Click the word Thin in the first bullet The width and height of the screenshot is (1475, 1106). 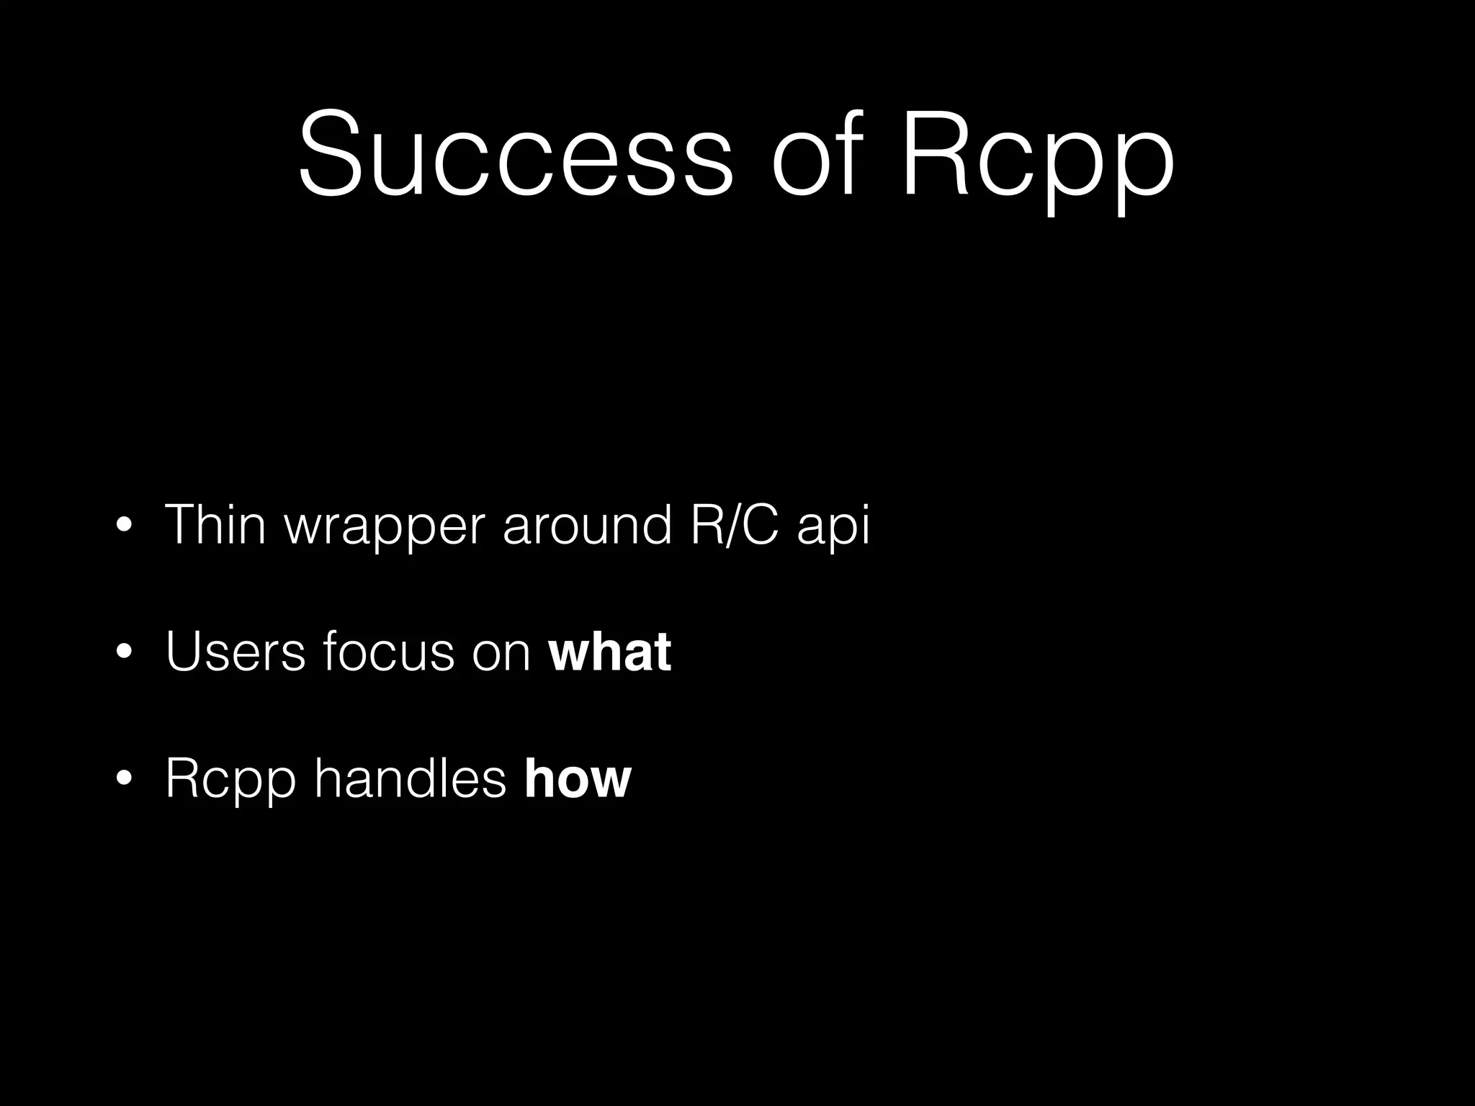(x=215, y=524)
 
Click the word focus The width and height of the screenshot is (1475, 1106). (x=389, y=652)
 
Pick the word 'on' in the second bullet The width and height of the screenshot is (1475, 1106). (x=501, y=655)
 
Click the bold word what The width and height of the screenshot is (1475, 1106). (x=610, y=652)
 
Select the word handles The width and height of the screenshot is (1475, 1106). (x=411, y=778)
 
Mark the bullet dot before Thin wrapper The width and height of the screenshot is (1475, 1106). (x=124, y=526)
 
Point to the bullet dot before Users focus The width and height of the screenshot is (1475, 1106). (x=124, y=653)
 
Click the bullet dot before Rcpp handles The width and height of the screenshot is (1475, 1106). (x=124, y=779)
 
